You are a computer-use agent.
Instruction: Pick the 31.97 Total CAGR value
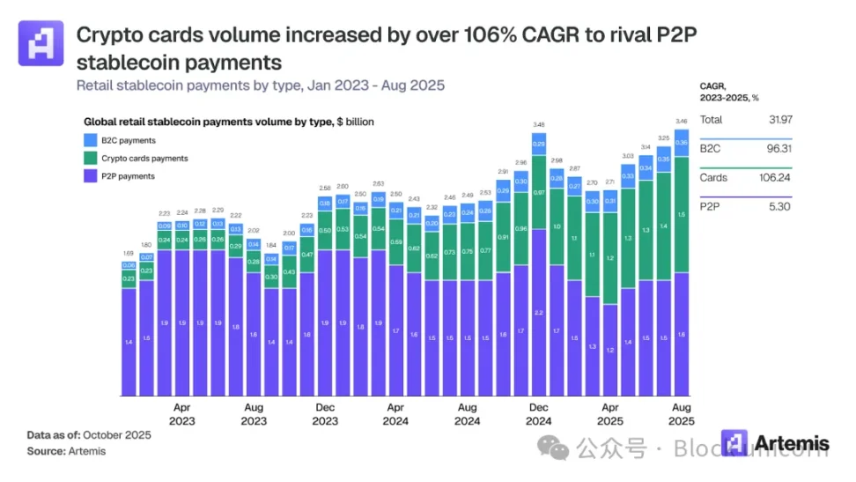(x=779, y=119)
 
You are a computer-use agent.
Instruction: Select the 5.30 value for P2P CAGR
(x=780, y=208)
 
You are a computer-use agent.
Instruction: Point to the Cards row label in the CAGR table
(x=713, y=178)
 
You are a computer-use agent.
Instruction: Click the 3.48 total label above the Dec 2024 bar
(x=538, y=124)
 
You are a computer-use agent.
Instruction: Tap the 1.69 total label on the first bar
(x=129, y=253)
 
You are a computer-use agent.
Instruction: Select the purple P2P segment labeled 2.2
(x=538, y=313)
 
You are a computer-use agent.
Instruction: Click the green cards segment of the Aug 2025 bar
(x=681, y=214)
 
